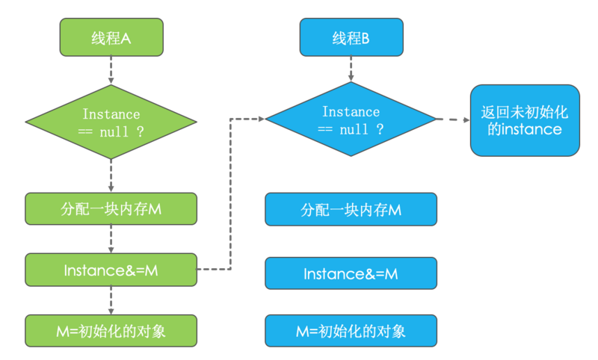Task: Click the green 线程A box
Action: [111, 37]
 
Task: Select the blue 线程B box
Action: [351, 37]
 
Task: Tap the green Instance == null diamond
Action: [111, 122]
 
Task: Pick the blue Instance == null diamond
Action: [351, 120]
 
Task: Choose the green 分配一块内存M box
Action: [111, 209]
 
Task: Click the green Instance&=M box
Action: [111, 270]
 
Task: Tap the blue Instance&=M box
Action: [351, 273]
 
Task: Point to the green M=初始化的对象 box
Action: [111, 330]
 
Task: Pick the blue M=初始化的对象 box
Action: [351, 330]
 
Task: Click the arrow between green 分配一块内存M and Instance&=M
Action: [111, 239]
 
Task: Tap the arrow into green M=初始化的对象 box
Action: [111, 300]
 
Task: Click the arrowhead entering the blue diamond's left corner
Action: [262, 119]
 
